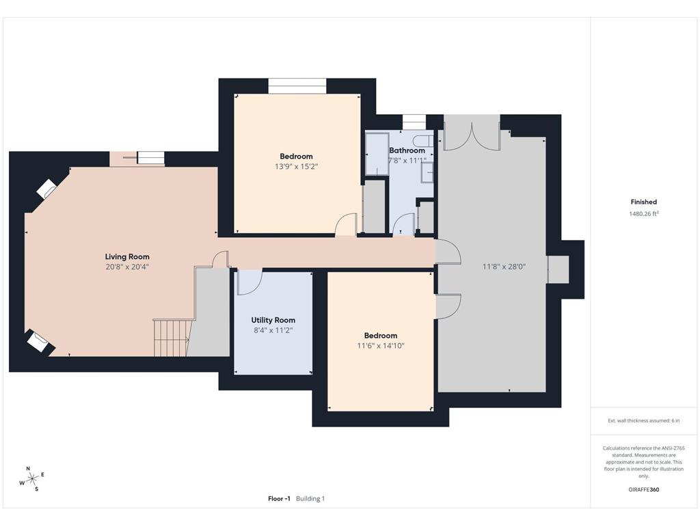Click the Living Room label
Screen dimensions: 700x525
(x=127, y=257)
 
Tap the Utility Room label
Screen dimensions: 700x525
(x=273, y=320)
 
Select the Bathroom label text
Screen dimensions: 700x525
(x=407, y=150)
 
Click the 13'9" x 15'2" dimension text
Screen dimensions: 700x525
(x=297, y=167)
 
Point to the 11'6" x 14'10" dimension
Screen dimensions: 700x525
(x=381, y=345)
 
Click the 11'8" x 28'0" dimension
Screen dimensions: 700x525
(x=504, y=267)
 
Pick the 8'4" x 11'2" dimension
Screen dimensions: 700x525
(x=273, y=330)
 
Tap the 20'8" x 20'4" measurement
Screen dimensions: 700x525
(x=127, y=267)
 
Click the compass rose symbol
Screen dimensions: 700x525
(x=32, y=479)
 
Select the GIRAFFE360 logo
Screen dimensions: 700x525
(x=644, y=489)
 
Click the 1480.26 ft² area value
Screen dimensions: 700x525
(x=644, y=214)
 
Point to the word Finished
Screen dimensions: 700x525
(x=644, y=202)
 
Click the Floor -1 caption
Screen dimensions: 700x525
(x=279, y=498)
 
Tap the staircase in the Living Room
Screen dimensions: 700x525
(x=170, y=338)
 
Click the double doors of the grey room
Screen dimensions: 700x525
(x=472, y=133)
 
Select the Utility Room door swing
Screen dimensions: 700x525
(x=249, y=282)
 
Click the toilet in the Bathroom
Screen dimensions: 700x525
(x=422, y=141)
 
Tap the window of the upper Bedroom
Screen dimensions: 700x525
(x=297, y=86)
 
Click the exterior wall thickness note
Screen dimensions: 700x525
(x=644, y=420)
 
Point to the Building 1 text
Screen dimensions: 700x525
(x=311, y=498)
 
